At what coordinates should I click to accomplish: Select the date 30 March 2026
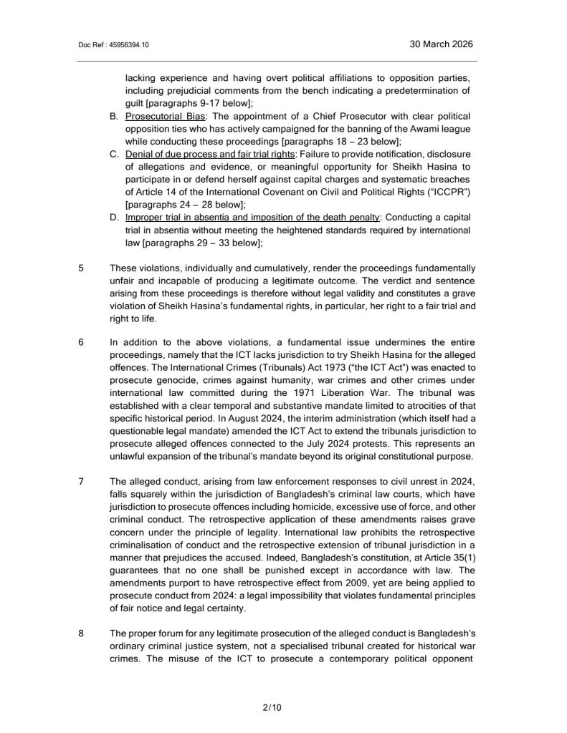pos(441,44)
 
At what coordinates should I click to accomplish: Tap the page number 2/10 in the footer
pos(272,708)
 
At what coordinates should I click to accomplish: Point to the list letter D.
pos(113,218)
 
